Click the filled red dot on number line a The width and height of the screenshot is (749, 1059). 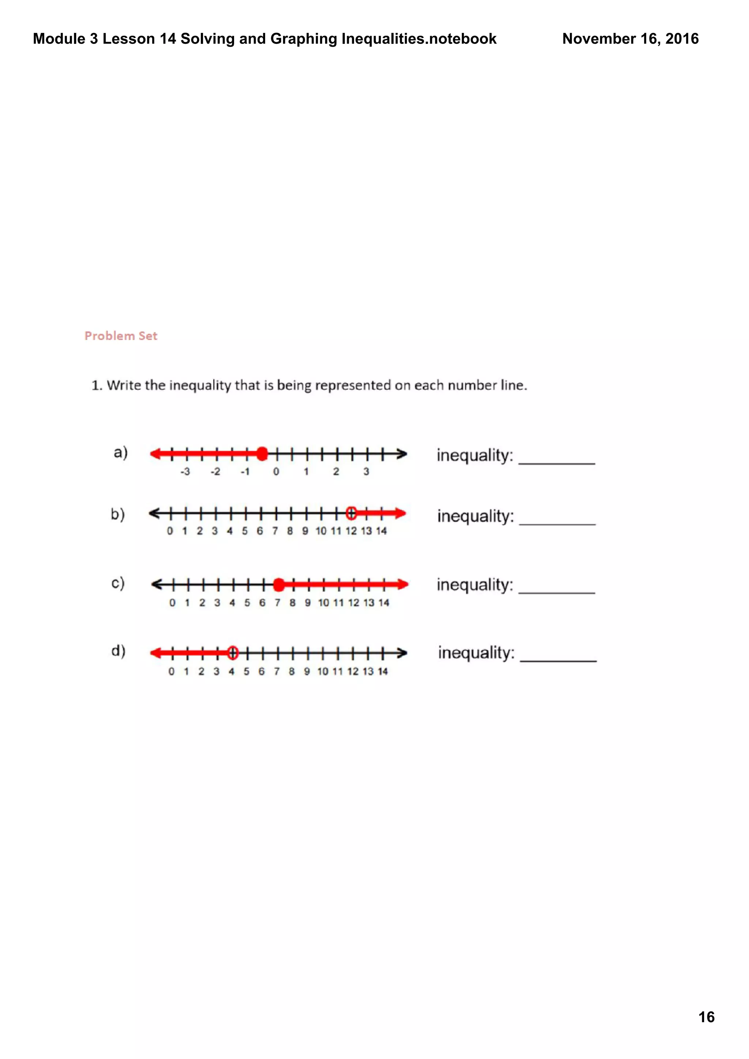(262, 454)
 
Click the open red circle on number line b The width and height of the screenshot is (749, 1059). (351, 513)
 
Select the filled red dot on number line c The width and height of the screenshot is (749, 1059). (279, 585)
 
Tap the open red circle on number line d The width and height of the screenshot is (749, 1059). (233, 653)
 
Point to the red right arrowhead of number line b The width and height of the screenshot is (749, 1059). (400, 513)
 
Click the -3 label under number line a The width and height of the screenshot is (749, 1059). (185, 472)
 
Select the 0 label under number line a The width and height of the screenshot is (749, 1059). (276, 472)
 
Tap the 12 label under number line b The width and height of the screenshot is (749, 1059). (351, 531)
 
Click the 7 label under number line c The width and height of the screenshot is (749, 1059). (277, 603)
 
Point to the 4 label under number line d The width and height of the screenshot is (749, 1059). (231, 672)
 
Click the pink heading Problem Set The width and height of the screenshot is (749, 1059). (121, 336)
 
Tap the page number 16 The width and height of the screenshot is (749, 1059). (706, 1017)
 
